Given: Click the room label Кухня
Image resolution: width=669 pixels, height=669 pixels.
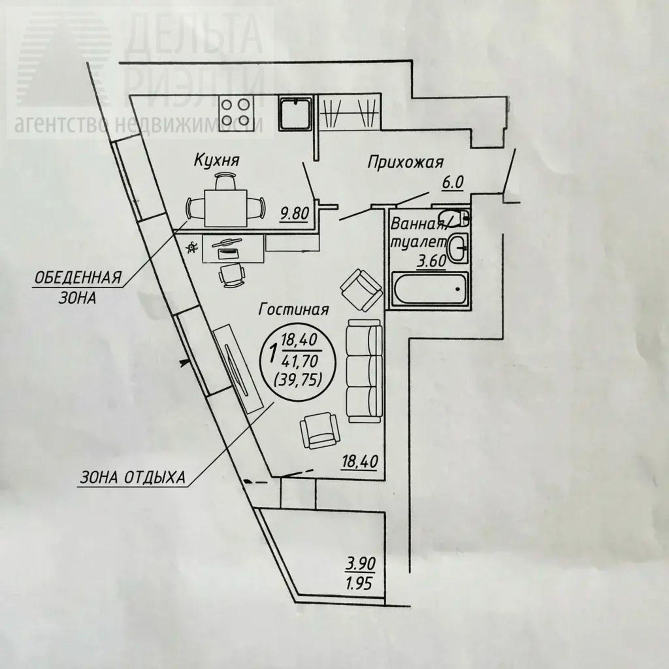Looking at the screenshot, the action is point(217,161).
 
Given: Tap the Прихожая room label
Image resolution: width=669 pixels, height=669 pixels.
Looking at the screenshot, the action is point(405,163).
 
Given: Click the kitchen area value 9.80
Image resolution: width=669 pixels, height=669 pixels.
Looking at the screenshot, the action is point(295,214).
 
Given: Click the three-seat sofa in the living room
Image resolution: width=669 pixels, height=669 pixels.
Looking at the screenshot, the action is point(364,371).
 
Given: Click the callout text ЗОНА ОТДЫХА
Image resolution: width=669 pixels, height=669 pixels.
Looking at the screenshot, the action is point(132,478).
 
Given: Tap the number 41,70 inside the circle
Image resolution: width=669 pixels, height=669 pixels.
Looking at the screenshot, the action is point(300,362).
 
